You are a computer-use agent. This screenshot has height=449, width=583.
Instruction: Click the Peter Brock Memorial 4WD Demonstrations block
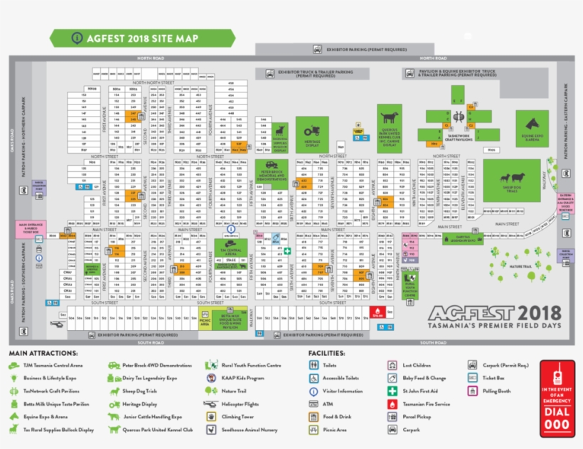(x=271, y=175)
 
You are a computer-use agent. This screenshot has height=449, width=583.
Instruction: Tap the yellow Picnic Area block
(x=205, y=322)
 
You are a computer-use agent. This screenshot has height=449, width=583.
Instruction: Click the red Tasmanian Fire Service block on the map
(x=377, y=312)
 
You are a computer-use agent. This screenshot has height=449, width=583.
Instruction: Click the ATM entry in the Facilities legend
(x=327, y=403)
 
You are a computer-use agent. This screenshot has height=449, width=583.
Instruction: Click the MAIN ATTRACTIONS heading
(x=43, y=353)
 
